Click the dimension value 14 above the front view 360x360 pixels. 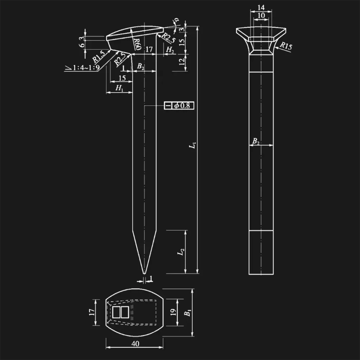pyautogui.click(x=261, y=7)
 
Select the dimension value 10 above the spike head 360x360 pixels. pyautogui.click(x=261, y=15)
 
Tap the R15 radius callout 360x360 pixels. pyautogui.click(x=286, y=46)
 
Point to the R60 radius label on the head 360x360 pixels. pyautogui.click(x=136, y=44)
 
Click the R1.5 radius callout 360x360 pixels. pyautogui.click(x=98, y=56)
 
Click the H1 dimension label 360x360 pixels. pyautogui.click(x=120, y=88)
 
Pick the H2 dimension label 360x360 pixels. pyautogui.click(x=170, y=50)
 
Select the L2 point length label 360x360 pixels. pyautogui.click(x=181, y=252)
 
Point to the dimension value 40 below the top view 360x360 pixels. pyautogui.click(x=135, y=344)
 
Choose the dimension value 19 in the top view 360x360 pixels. pyautogui.click(x=173, y=312)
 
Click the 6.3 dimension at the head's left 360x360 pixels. pyautogui.click(x=82, y=43)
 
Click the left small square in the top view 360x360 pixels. pyautogui.click(x=116, y=312)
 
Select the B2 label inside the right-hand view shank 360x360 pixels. pyautogui.click(x=256, y=141)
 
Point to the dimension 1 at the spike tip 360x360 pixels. pyautogui.click(x=151, y=279)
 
